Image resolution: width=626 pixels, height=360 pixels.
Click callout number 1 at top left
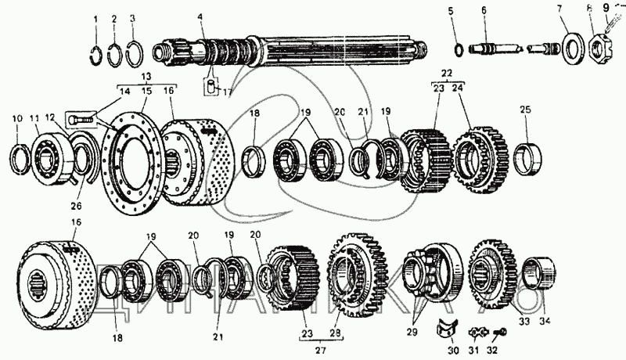pyautogui.click(x=95, y=17)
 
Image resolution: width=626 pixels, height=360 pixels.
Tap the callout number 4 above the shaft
pyautogui.click(x=200, y=17)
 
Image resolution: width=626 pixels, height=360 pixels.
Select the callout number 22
pyautogui.click(x=446, y=72)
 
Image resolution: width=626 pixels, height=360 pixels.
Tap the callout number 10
pyautogui.click(x=18, y=118)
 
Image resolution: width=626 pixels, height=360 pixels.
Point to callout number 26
pyautogui.click(x=74, y=207)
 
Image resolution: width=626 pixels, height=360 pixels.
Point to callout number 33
pyautogui.click(x=523, y=320)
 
